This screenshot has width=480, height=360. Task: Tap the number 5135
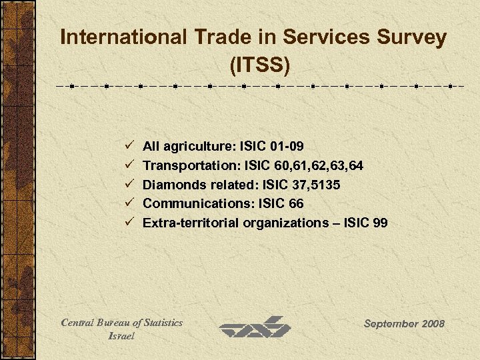click(x=329, y=183)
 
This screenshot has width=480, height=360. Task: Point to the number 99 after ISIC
click(x=380, y=222)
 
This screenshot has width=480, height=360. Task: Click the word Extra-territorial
click(x=191, y=222)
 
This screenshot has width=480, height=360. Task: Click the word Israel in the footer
click(x=121, y=336)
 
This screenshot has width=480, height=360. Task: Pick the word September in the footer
click(x=388, y=323)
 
